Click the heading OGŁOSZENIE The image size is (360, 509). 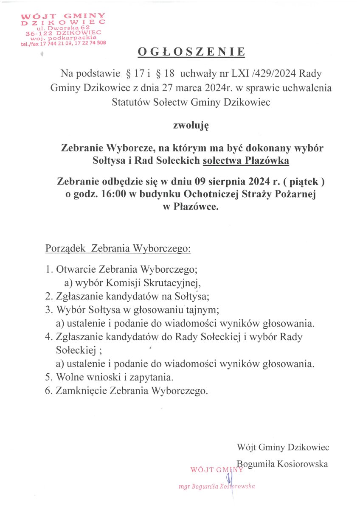(191, 52)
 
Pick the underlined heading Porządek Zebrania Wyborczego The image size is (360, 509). (118, 248)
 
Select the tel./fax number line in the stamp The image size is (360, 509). (63, 43)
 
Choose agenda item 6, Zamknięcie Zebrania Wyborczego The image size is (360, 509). (127, 390)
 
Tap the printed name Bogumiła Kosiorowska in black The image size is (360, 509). (282, 464)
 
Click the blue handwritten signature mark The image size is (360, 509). (230, 480)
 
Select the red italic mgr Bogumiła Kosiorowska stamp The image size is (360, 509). (217, 487)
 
